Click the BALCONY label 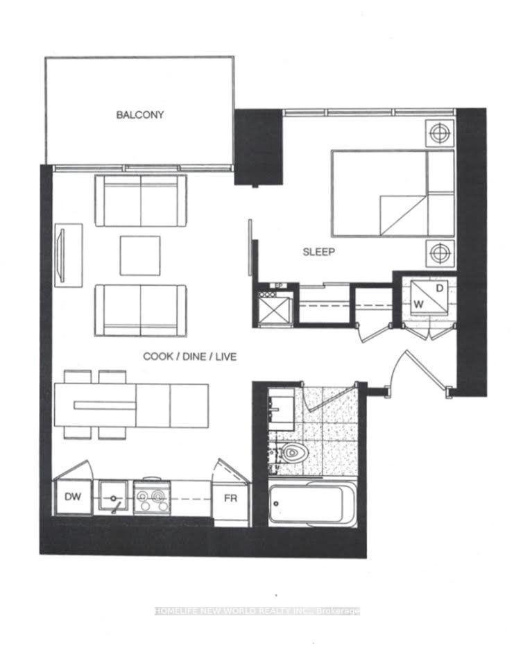pos(139,115)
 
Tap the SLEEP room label pos(318,253)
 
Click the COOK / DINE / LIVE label pos(189,357)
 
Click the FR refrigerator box pos(230,497)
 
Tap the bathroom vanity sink pos(282,406)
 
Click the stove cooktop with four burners pos(151,497)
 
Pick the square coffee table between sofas pos(139,255)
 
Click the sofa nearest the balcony pos(141,200)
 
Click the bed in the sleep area pos(392,194)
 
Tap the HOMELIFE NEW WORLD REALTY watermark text pos(257,610)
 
